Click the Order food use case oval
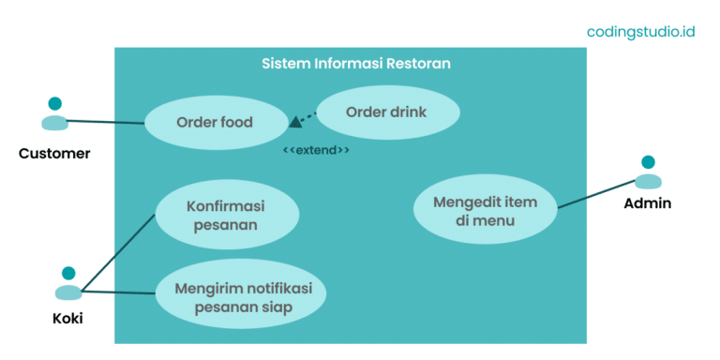[x=215, y=123]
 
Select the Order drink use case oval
[x=386, y=112]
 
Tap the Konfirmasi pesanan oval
[x=226, y=215]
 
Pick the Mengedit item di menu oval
[x=485, y=211]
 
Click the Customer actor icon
[x=54, y=114]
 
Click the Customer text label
[x=54, y=153]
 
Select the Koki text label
[x=67, y=319]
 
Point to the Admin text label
[x=648, y=202]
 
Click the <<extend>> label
[x=317, y=150]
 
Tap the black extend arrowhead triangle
[x=295, y=121]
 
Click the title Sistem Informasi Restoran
[x=355, y=64]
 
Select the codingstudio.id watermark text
[x=640, y=31]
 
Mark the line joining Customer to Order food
[x=105, y=121]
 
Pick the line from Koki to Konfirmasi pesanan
[x=117, y=252]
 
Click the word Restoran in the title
[x=417, y=64]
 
